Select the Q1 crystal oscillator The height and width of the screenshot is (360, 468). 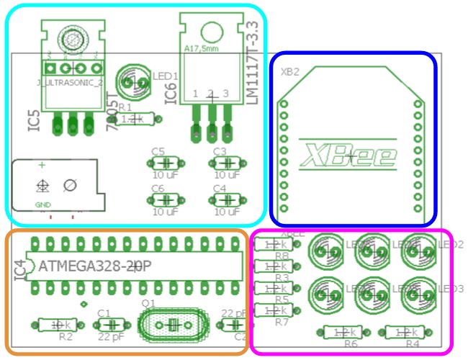[x=171, y=326]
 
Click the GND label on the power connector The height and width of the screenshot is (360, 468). [x=43, y=205]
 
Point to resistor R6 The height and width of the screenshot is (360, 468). [x=342, y=332]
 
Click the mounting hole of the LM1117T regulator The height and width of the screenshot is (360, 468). [x=211, y=31]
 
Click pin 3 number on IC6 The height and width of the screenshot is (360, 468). [x=226, y=94]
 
